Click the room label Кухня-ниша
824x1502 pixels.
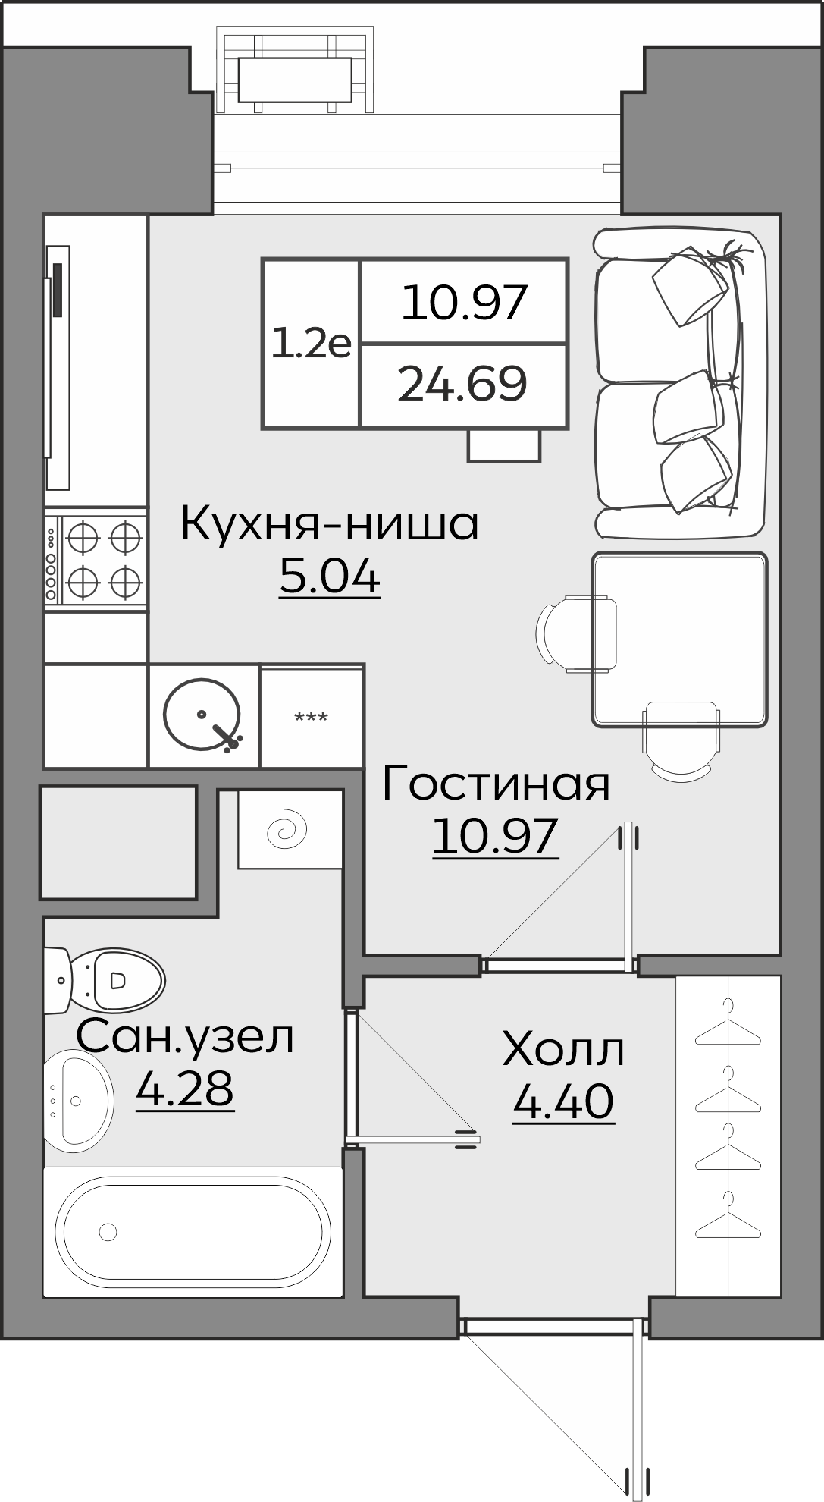330,525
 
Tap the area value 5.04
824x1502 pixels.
330,578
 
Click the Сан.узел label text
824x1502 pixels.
185,1036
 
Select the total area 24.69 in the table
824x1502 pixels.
462,385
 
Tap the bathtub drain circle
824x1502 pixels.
108,1232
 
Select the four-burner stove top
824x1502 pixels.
96,561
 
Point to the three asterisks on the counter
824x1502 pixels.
311,718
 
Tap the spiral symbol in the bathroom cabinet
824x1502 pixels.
288,831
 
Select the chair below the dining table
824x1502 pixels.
680,740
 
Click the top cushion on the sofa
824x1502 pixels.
690,284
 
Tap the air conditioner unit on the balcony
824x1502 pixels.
295,80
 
